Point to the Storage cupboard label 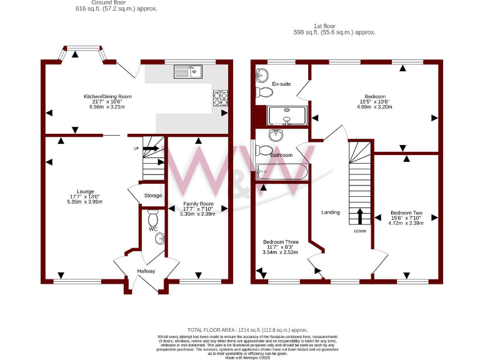(153, 196)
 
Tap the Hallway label (146, 271)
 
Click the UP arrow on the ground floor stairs (151, 149)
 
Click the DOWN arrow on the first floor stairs (360, 217)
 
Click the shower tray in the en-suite (287, 116)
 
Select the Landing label (331, 212)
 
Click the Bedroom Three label (281, 242)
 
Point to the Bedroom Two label (406, 212)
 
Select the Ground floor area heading (117, 6)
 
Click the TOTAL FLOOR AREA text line (247, 329)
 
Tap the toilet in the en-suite (265, 93)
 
